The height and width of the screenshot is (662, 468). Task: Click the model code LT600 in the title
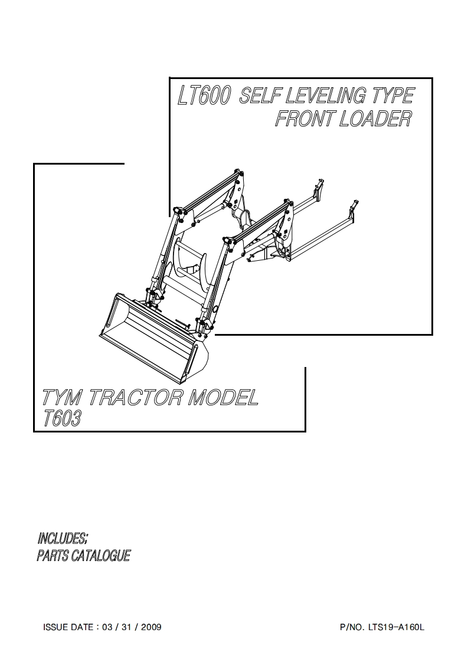(x=204, y=97)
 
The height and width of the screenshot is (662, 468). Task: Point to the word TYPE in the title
(x=392, y=96)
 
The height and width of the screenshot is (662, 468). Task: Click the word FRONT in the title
(x=305, y=119)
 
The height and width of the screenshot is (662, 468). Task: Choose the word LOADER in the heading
(x=375, y=119)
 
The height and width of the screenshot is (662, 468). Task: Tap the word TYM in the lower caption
(x=63, y=398)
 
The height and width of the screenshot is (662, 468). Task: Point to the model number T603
(x=63, y=418)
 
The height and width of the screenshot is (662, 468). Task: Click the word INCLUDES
(x=63, y=538)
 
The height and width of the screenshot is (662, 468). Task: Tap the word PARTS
(x=52, y=556)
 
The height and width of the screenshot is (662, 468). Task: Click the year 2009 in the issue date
(x=151, y=627)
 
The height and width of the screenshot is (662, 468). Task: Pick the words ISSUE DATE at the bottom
(x=68, y=627)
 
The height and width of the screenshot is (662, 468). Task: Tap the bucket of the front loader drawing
(x=153, y=339)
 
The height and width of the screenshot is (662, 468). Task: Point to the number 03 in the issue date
(x=106, y=627)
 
